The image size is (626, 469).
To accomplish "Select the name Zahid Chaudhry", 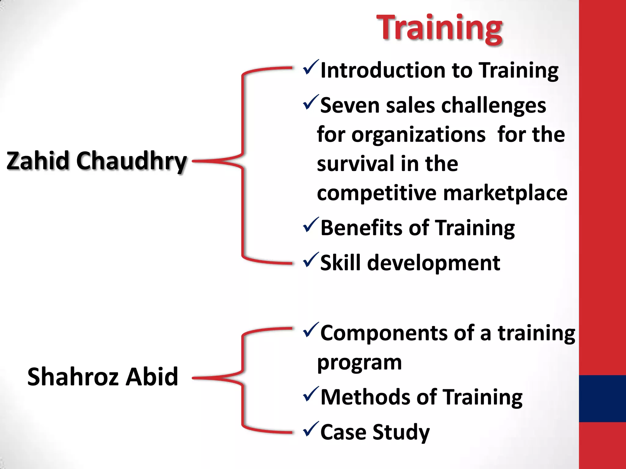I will click(x=97, y=161).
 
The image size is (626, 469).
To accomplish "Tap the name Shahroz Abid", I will click(x=103, y=377).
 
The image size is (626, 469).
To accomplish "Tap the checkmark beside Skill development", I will click(x=311, y=260).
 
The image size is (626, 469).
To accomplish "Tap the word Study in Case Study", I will click(x=401, y=433).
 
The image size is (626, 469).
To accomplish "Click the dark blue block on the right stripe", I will click(x=602, y=398).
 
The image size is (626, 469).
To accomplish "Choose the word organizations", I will click(x=418, y=135).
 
